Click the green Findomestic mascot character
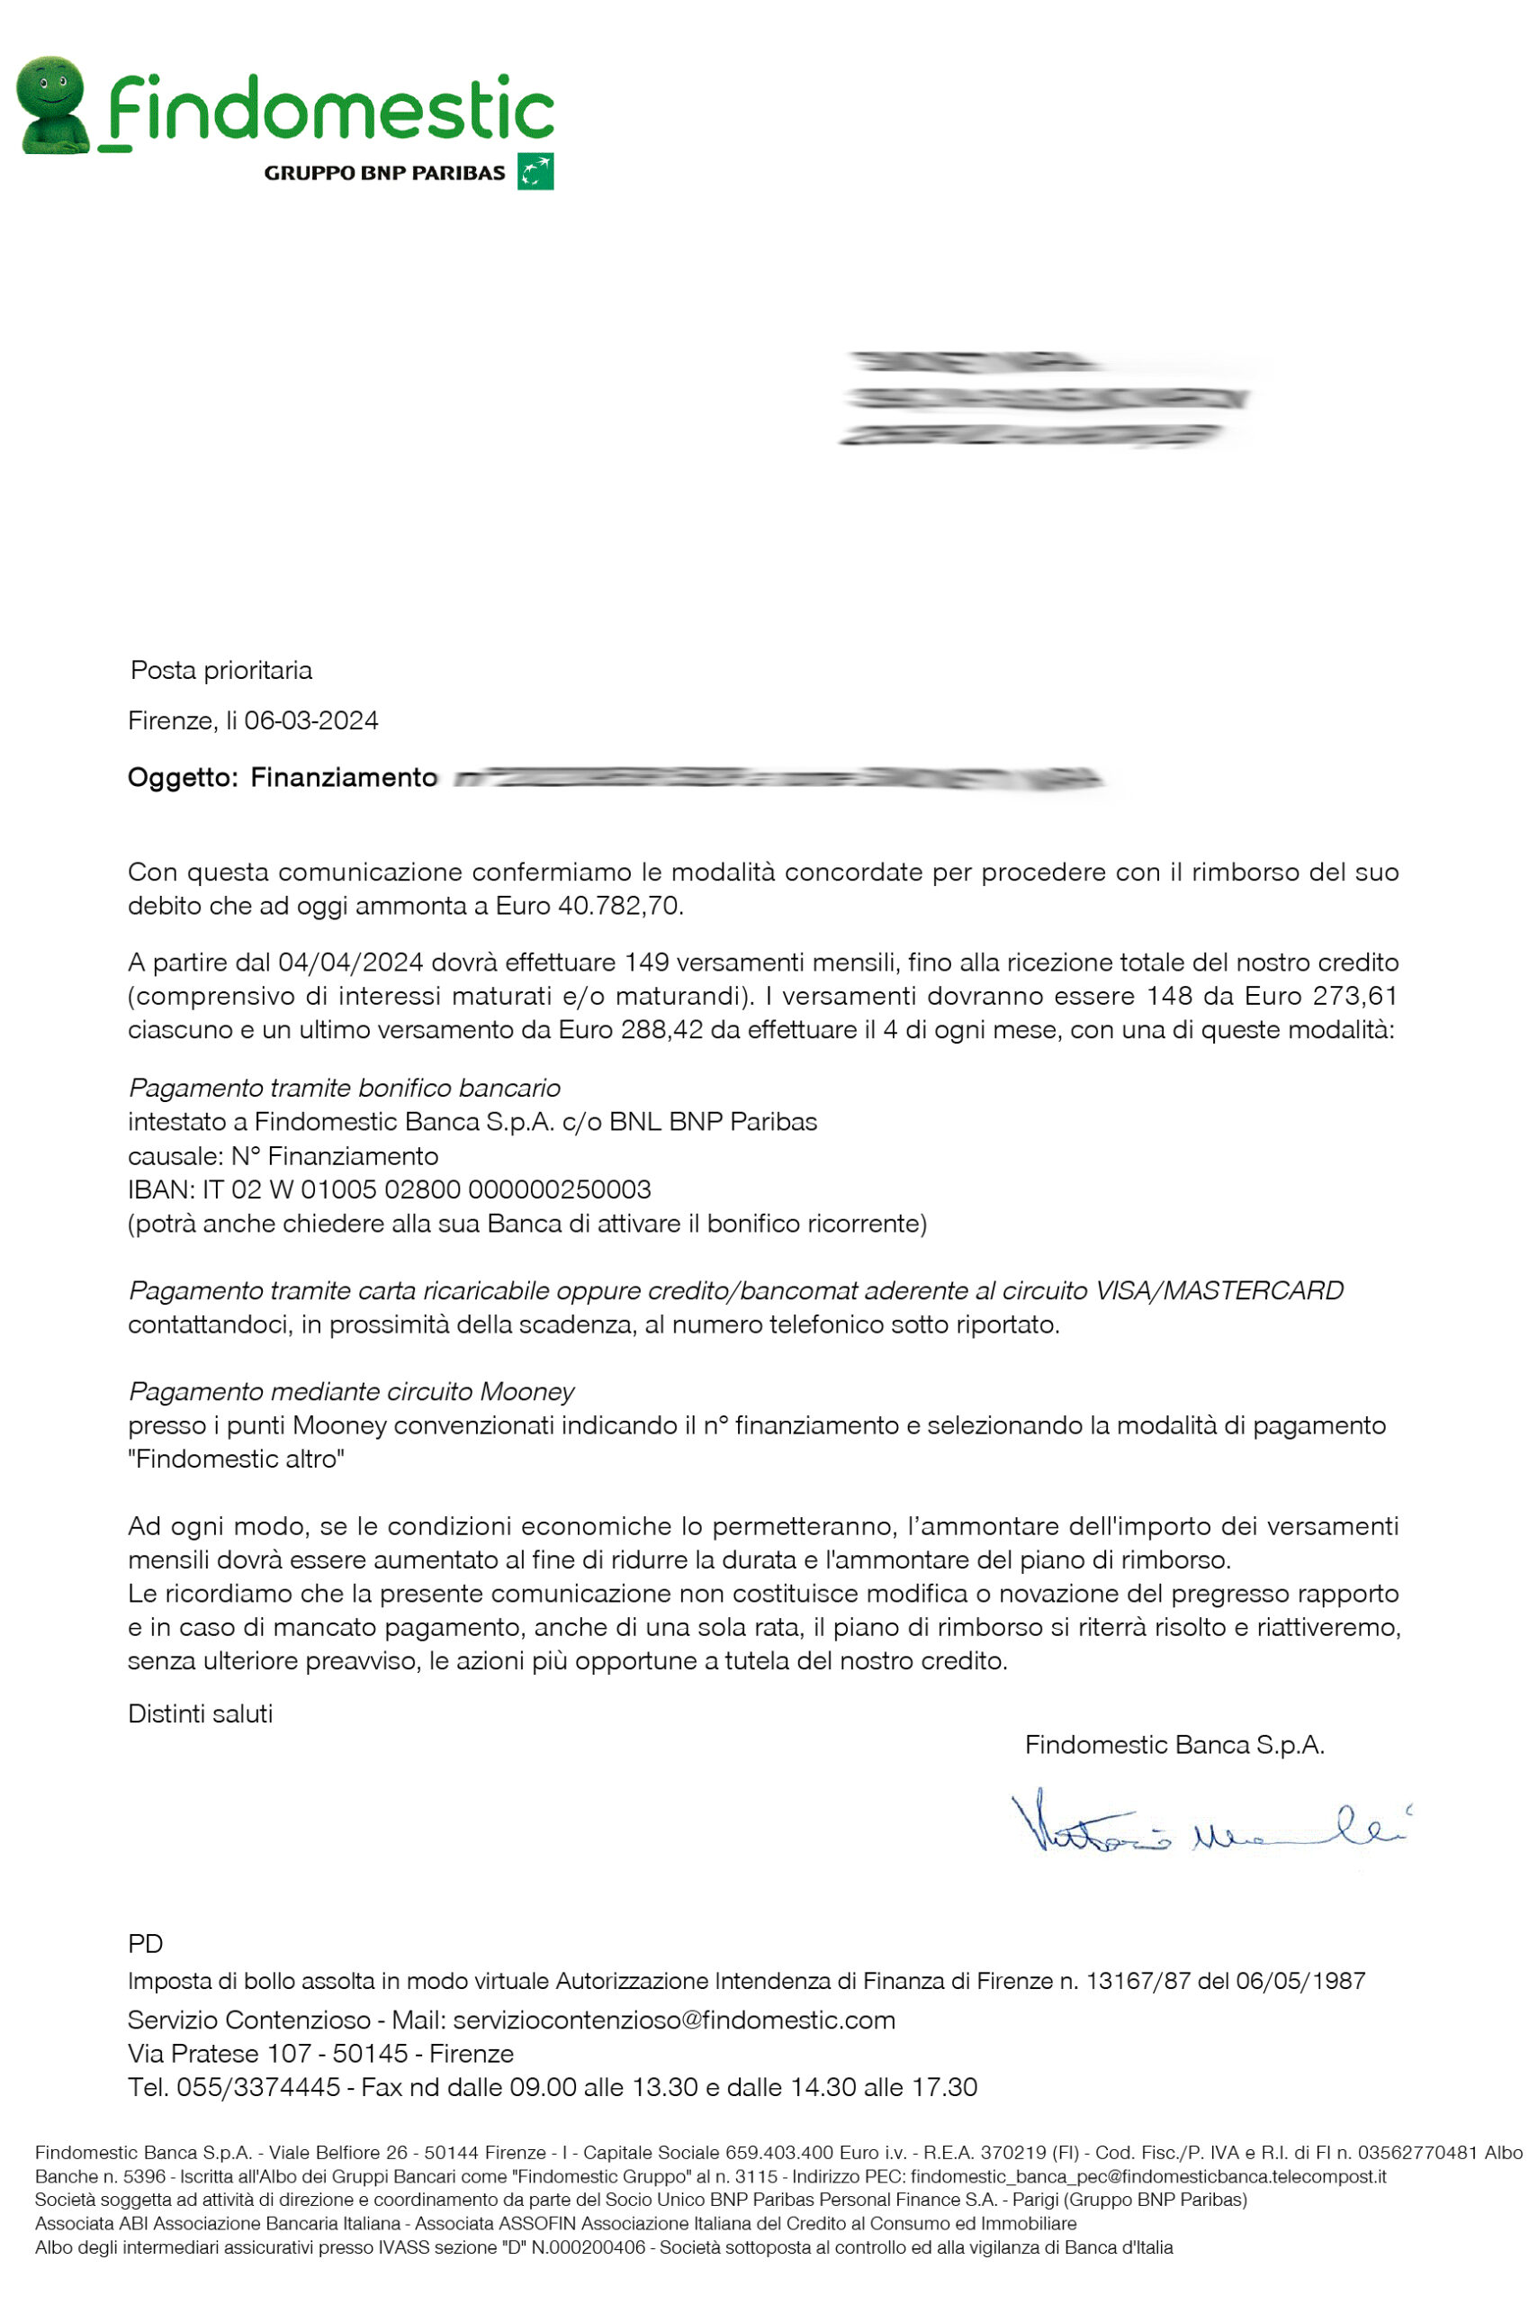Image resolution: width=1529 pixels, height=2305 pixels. point(54,104)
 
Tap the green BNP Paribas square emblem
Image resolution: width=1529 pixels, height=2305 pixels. point(535,172)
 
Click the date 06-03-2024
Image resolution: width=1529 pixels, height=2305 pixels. point(311,721)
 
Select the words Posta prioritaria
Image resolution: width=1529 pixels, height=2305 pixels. point(221,670)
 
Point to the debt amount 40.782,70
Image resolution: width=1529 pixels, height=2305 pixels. point(619,906)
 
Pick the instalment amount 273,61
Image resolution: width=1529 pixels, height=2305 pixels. point(1355,996)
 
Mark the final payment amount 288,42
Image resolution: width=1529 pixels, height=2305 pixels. point(661,1030)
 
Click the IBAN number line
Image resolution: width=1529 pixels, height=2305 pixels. point(389,1190)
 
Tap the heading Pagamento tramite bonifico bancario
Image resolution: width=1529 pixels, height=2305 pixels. point(344,1088)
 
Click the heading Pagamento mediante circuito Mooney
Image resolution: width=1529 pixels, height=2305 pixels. point(351,1392)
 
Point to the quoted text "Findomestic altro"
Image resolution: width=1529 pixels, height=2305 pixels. point(237,1460)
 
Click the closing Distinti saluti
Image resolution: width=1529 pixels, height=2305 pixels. point(200,1713)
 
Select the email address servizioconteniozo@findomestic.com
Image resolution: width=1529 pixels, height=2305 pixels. point(674,2020)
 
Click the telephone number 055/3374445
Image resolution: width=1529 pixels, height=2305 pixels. point(258,2087)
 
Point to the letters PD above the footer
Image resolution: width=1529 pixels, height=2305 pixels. point(145,1944)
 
